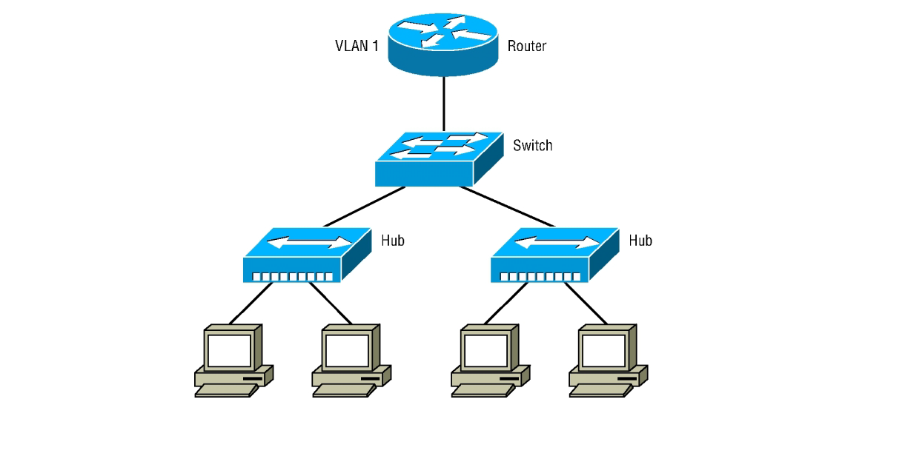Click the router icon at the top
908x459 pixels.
pyautogui.click(x=444, y=44)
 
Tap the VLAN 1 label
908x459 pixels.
pyautogui.click(x=357, y=46)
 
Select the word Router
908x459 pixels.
pyautogui.click(x=527, y=46)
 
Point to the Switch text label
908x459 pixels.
pyautogui.click(x=532, y=145)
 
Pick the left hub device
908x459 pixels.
pyautogui.click(x=306, y=255)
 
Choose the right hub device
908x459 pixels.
pyautogui.click(x=554, y=255)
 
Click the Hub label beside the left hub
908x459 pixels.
pyautogui.click(x=393, y=240)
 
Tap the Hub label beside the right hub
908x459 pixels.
pyautogui.click(x=640, y=240)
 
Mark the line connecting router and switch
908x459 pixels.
pyautogui.click(x=444, y=104)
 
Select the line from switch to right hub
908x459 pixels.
pyautogui.click(x=507, y=207)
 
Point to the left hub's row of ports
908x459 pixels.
pyautogui.click(x=292, y=277)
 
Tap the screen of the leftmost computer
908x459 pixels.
pyautogui.click(x=228, y=349)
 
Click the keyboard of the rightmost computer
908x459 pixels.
pyautogui.click(x=598, y=391)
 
